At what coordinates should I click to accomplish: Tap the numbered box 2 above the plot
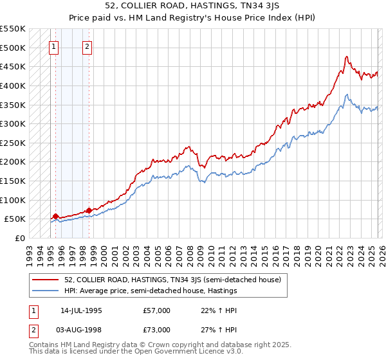(x=87, y=46)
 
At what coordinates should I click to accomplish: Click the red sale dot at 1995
(x=55, y=217)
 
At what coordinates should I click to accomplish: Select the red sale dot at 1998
(x=88, y=210)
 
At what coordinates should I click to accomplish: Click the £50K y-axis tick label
(x=15, y=219)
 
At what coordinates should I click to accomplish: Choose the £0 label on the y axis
(x=21, y=238)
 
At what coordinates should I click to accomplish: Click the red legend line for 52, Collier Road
(x=46, y=280)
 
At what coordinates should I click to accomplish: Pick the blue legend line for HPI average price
(x=46, y=291)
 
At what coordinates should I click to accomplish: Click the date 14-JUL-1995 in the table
(x=81, y=310)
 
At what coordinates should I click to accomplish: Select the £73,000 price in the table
(x=157, y=330)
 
